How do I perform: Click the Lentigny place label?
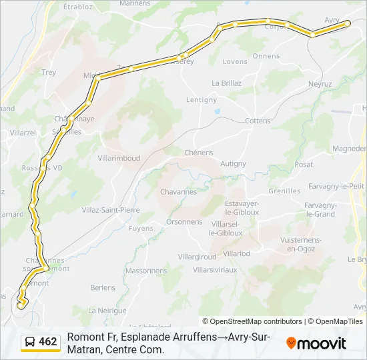click(202, 100)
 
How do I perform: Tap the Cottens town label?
click(258, 121)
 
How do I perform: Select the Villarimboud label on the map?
click(119, 158)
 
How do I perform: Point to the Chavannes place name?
click(178, 192)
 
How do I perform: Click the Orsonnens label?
click(184, 222)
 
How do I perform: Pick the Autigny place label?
click(234, 163)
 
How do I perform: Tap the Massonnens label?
click(146, 271)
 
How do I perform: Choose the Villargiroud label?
click(197, 257)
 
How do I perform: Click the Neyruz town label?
click(320, 84)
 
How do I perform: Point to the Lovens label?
click(235, 62)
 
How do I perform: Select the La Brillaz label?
click(226, 83)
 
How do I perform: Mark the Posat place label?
click(304, 165)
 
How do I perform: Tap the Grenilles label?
click(284, 191)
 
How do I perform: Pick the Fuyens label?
click(141, 229)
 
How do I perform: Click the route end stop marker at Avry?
click(348, 23)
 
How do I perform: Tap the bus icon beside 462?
click(30, 342)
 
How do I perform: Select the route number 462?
click(48, 342)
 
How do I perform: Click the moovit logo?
click(316, 343)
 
